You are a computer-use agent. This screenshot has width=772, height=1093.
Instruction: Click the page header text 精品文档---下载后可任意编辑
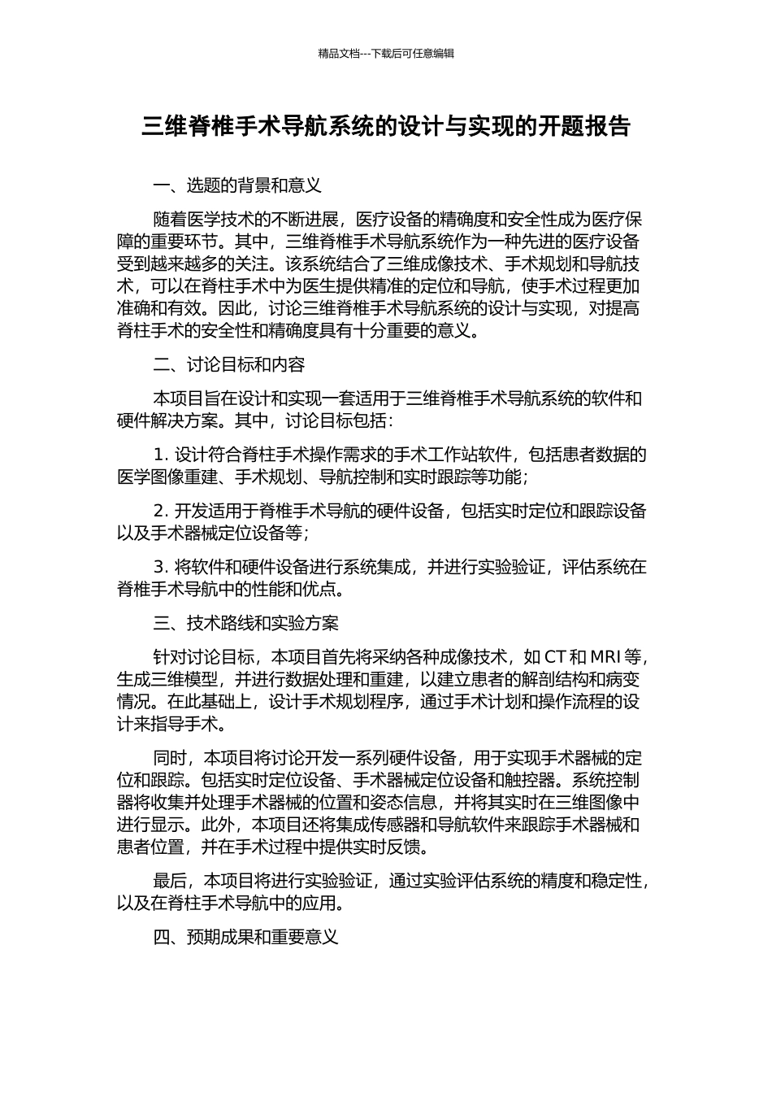pos(386,54)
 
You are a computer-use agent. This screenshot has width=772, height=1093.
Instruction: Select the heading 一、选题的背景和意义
pos(237,185)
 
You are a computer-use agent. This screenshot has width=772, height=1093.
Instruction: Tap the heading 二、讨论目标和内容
pos(229,365)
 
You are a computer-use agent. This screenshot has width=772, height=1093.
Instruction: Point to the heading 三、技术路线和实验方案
pos(245,624)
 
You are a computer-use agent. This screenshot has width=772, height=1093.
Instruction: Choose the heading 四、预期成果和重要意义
pos(245,938)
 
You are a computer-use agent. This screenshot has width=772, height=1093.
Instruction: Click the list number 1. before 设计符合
pos(160,455)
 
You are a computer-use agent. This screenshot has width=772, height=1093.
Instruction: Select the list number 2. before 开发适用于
pos(160,512)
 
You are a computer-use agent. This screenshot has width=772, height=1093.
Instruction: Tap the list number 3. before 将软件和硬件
pos(160,568)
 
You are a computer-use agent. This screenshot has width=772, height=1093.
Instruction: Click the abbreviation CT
pos(555,657)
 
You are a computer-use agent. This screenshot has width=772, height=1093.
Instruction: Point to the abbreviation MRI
pos(605,657)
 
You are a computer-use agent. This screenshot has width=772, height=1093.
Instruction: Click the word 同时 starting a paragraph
pos(170,759)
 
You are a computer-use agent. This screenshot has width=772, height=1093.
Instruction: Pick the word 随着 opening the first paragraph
pos(170,220)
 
